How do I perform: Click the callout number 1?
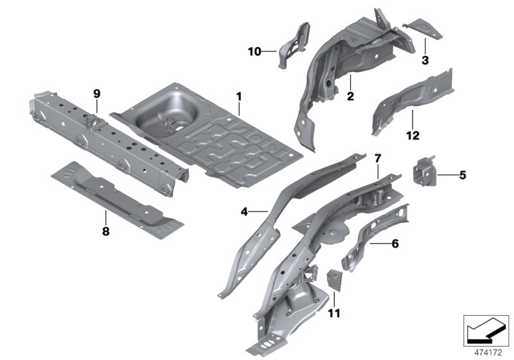click(238, 97)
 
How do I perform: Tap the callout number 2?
click(351, 97)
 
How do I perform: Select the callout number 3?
click(425, 60)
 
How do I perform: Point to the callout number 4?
click(244, 210)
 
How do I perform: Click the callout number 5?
click(462, 174)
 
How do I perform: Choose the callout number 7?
click(378, 158)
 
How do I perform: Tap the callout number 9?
click(97, 94)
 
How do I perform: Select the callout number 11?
click(334, 314)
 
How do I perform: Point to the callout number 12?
click(412, 136)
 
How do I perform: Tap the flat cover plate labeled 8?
click(116, 197)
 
